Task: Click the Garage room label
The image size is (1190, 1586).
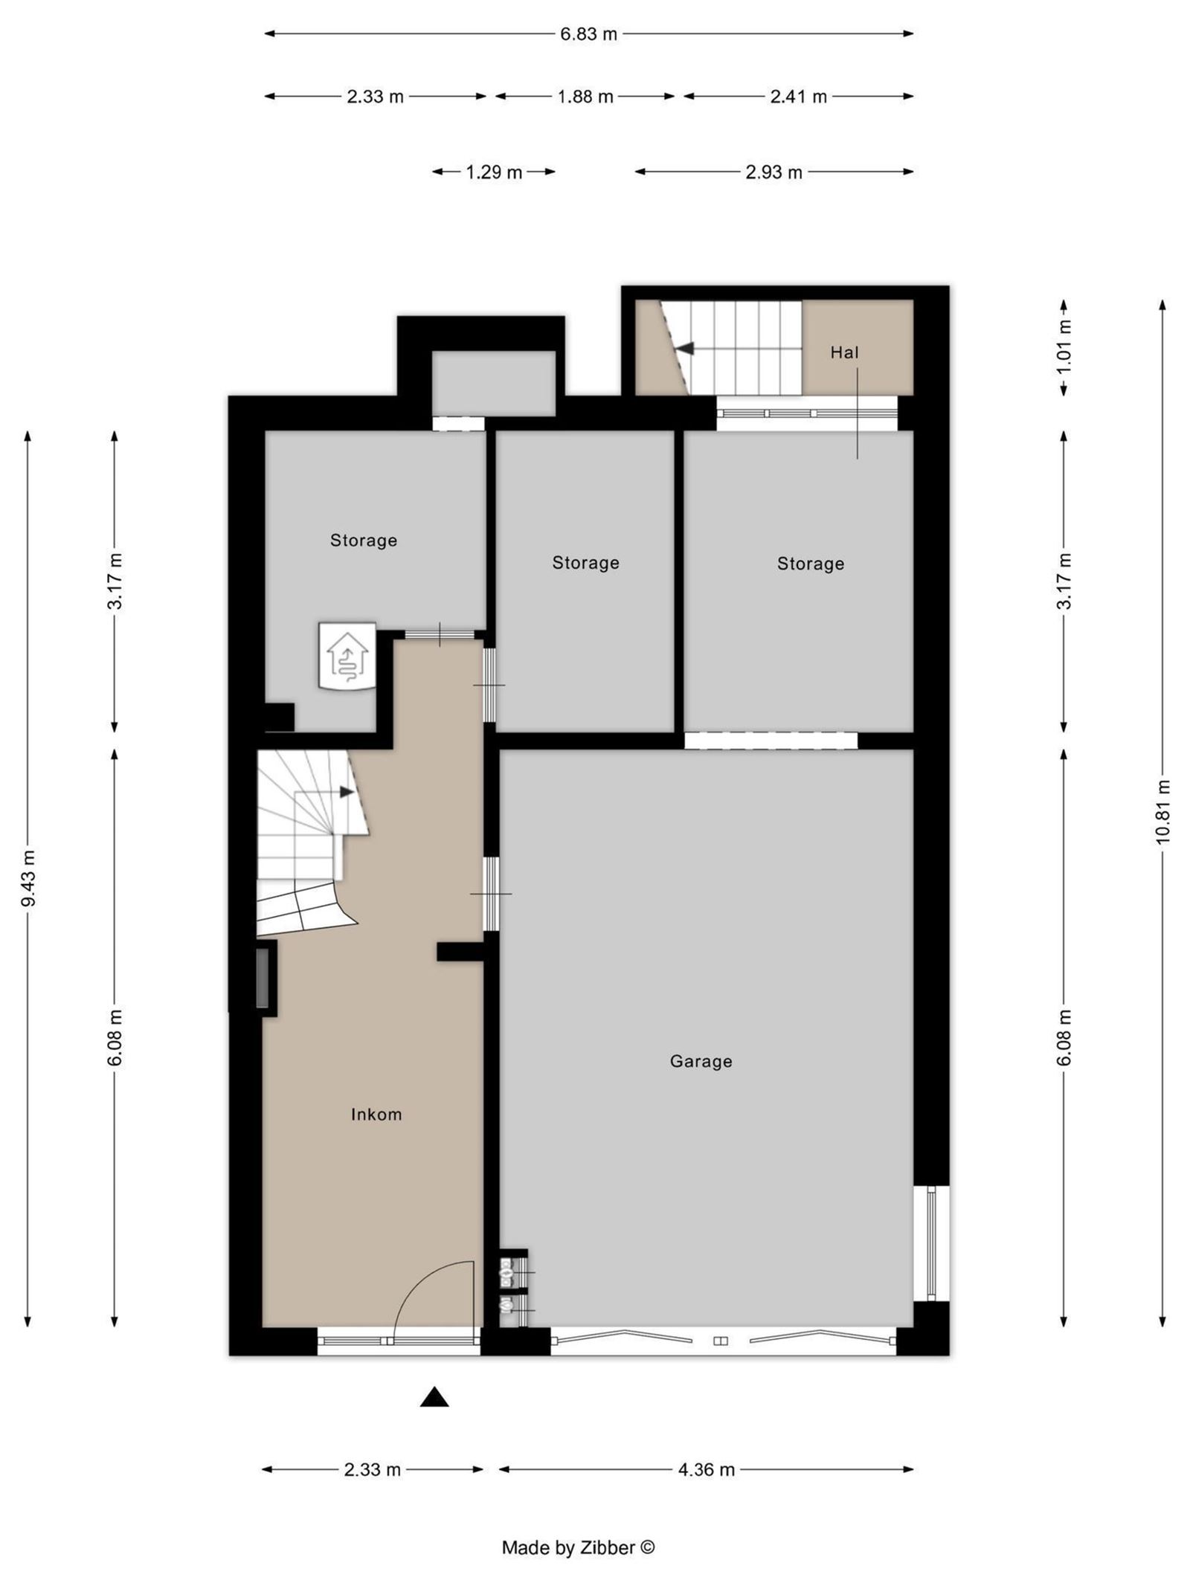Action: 701,1061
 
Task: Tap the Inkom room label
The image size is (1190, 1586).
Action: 376,1114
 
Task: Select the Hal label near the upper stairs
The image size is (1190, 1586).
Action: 844,352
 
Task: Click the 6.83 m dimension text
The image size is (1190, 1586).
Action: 588,34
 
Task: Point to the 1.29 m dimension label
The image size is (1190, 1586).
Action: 494,173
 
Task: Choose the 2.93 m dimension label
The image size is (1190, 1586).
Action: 773,173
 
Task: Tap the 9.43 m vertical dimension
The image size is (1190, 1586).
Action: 29,878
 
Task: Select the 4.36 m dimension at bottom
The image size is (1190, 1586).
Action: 706,1469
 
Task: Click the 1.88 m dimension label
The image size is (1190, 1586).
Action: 585,97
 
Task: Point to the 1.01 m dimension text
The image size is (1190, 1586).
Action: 1064,347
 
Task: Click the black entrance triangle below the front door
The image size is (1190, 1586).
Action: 434,1397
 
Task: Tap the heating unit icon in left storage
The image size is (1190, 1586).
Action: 347,656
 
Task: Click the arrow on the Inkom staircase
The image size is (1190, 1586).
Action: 347,792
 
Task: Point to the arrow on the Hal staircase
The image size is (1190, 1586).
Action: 685,348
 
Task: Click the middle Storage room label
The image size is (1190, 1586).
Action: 585,563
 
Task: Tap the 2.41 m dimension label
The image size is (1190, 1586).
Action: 798,97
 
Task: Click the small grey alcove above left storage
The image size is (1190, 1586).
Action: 494,383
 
